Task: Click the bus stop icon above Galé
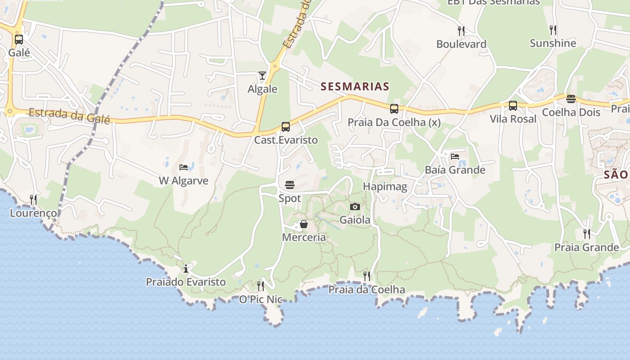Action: [x=19, y=40]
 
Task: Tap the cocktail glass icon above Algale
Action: [x=262, y=76]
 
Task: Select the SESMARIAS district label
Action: [x=355, y=86]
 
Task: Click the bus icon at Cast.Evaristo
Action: [x=286, y=127]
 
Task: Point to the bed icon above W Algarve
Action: [x=184, y=167]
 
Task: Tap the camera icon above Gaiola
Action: [x=355, y=207]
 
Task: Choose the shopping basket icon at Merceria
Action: [x=304, y=224]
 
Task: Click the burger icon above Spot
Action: [x=290, y=184]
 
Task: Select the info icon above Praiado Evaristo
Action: [x=186, y=269]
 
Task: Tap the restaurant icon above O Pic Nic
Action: [x=261, y=286]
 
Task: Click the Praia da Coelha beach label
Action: [x=366, y=289]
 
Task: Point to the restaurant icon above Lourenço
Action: [x=33, y=199]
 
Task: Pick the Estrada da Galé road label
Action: [x=69, y=115]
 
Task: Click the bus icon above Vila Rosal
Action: [x=513, y=106]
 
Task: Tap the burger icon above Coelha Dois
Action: [x=571, y=99]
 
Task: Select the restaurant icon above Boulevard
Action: [x=461, y=31]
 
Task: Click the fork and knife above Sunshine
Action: [x=553, y=30]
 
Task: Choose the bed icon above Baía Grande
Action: [x=455, y=157]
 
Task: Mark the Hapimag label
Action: [x=385, y=186]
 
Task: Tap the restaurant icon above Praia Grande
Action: [x=587, y=234]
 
